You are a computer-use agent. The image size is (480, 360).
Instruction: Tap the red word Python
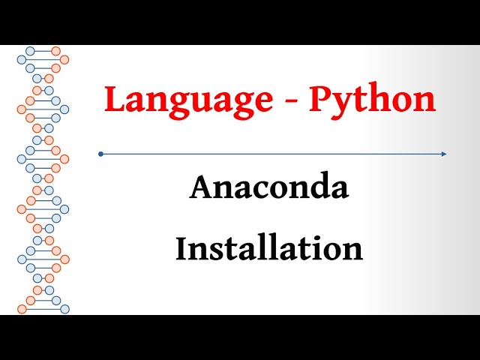(x=372, y=100)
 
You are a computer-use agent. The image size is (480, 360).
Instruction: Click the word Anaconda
(x=269, y=187)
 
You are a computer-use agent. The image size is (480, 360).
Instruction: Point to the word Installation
(x=269, y=249)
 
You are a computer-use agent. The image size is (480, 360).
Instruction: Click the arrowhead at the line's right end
(x=443, y=154)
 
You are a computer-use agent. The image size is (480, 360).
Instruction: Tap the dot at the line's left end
(x=100, y=154)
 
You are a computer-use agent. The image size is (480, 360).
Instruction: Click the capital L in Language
(x=113, y=99)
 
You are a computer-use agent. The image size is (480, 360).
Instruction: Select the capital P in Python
(x=319, y=99)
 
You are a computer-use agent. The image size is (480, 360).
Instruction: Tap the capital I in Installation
(x=181, y=249)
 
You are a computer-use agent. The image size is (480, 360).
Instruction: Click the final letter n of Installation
(x=354, y=251)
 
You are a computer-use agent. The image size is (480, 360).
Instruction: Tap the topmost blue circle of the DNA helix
(x=31, y=51)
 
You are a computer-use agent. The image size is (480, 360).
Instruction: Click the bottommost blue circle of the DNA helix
(x=64, y=308)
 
